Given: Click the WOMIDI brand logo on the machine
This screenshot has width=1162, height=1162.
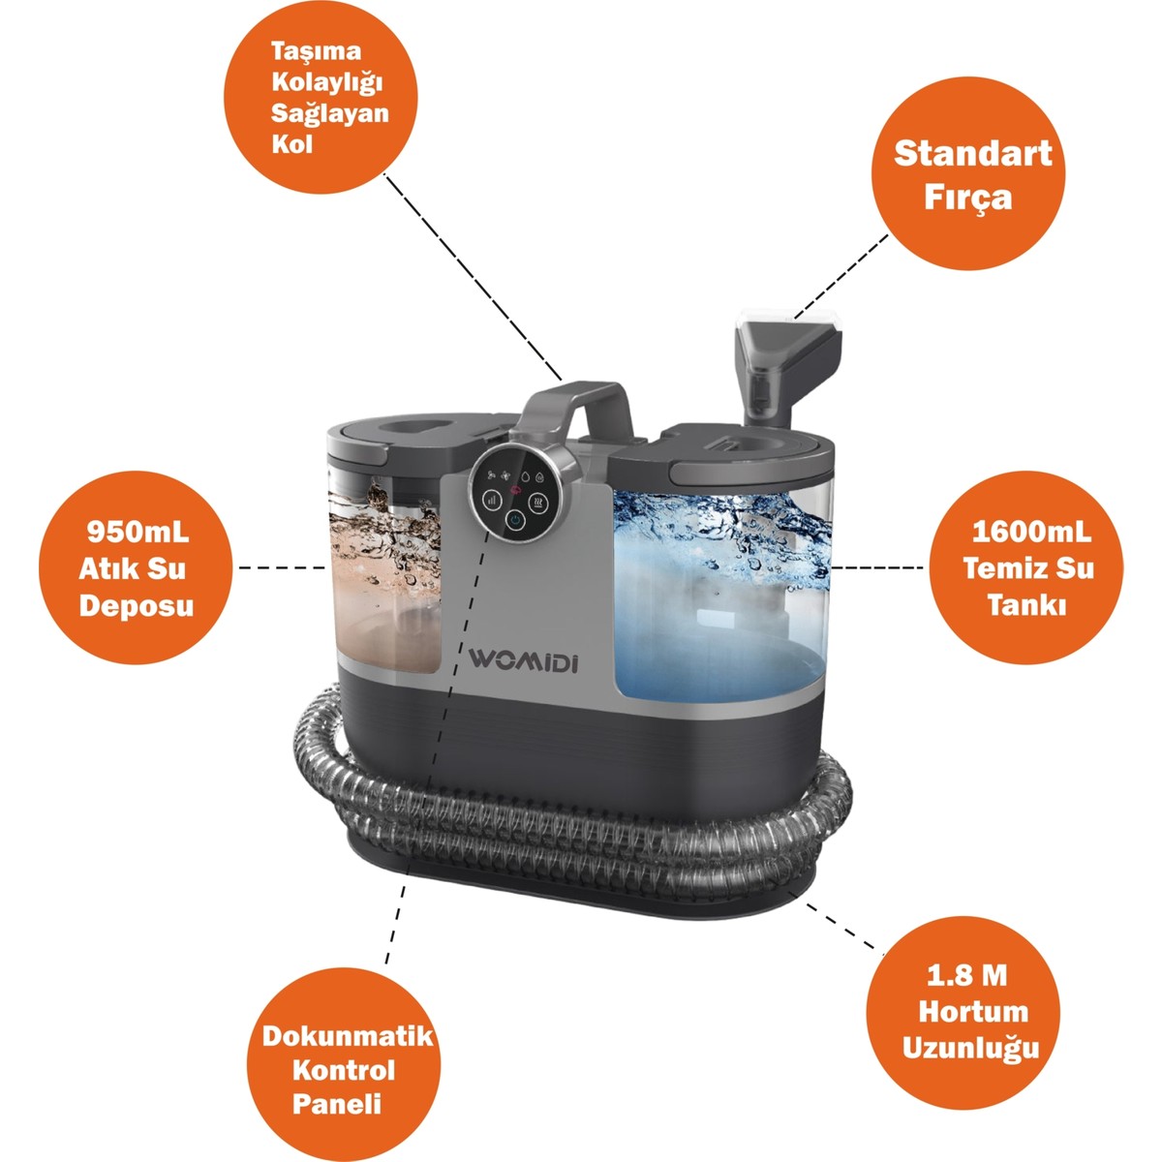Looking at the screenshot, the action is coord(524,659).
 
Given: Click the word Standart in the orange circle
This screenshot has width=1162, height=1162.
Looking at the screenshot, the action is coord(972,153).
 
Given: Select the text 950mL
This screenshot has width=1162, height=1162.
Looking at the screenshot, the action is coord(138,532).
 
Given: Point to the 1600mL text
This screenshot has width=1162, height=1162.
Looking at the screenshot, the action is coord(1031,533).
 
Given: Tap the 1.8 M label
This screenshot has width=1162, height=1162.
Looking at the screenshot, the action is coord(966,975).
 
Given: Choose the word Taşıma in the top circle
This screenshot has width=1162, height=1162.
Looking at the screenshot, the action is coord(316,52).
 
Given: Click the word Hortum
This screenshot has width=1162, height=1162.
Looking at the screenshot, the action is coord(973,1011).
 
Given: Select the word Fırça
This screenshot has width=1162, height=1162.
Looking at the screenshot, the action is coord(967,198).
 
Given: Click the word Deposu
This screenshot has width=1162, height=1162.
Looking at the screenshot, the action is coord(137,606).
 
